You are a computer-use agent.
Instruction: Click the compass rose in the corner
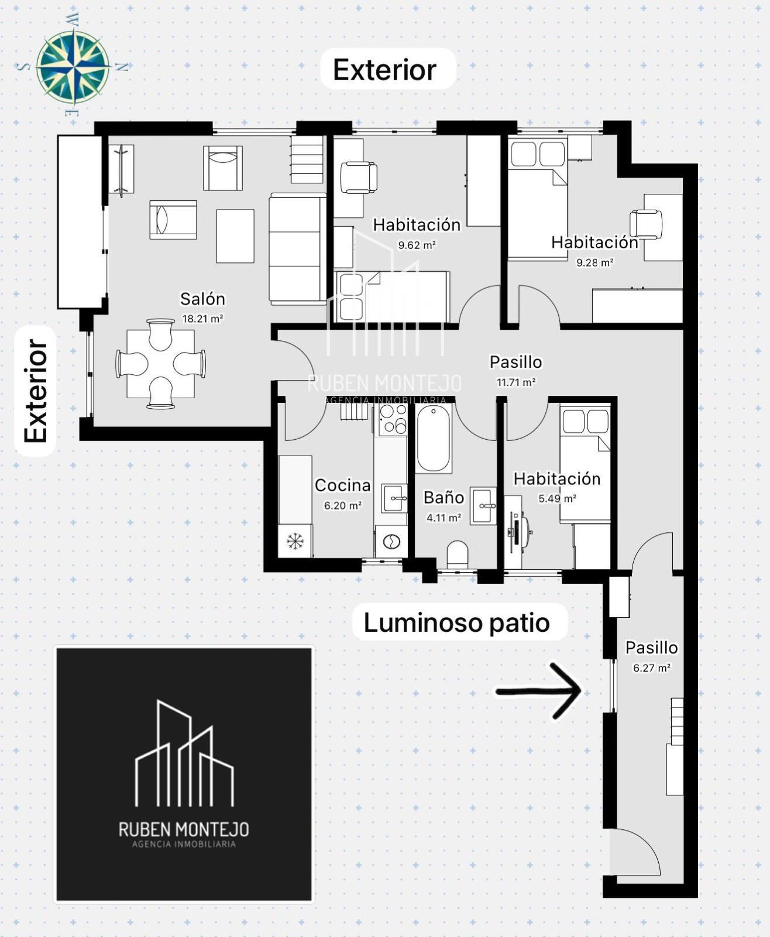pyautogui.click(x=73, y=66)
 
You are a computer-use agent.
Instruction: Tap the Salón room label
pyautogui.click(x=203, y=299)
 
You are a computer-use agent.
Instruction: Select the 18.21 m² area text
pyautogui.click(x=202, y=319)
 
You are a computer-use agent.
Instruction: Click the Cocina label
pyautogui.click(x=343, y=485)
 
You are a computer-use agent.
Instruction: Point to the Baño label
pyautogui.click(x=444, y=497)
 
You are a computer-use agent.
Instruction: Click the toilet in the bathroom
pyautogui.click(x=457, y=555)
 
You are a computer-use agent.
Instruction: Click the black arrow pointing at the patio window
pyautogui.click(x=538, y=690)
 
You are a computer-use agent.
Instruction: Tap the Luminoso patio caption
pyautogui.click(x=456, y=623)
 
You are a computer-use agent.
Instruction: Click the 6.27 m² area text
pyautogui.click(x=651, y=668)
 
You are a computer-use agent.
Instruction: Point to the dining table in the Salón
pyautogui.click(x=161, y=364)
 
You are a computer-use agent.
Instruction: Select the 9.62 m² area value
pyautogui.click(x=417, y=245)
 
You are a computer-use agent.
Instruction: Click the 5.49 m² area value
pyautogui.click(x=558, y=498)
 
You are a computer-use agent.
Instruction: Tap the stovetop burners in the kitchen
pyautogui.click(x=393, y=419)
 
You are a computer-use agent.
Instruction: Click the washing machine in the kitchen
pyautogui.click(x=391, y=542)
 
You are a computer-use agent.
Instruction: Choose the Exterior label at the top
pyautogui.click(x=385, y=70)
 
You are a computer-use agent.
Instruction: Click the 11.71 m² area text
pyautogui.click(x=515, y=382)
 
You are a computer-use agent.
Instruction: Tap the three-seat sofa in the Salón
pyautogui.click(x=297, y=249)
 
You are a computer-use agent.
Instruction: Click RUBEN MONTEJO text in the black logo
pyautogui.click(x=184, y=829)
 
